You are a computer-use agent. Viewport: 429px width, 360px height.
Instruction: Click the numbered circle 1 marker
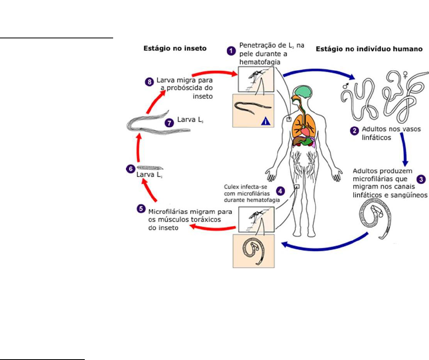pyautogui.click(x=231, y=51)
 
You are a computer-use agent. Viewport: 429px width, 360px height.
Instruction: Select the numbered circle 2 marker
pyautogui.click(x=354, y=130)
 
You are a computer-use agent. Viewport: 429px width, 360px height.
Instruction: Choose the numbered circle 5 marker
pyautogui.click(x=141, y=208)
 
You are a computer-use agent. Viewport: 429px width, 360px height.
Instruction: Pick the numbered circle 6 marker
pyautogui.click(x=130, y=169)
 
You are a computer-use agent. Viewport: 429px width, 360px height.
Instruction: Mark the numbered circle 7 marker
pyautogui.click(x=169, y=123)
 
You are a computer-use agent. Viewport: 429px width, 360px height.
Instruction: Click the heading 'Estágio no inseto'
pyautogui.click(x=175, y=49)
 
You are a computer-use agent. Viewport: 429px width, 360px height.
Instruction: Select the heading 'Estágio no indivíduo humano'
pyautogui.click(x=369, y=49)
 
